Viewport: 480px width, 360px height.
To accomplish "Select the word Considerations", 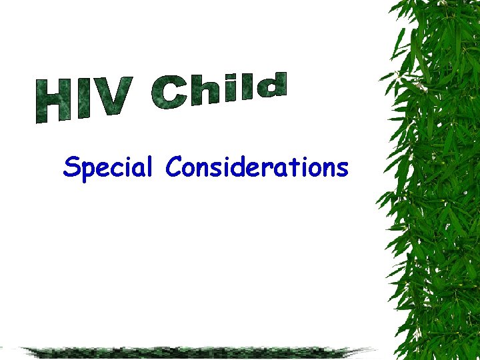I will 257,167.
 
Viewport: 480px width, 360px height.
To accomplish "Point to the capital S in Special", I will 71,167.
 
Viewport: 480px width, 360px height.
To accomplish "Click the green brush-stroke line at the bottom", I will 193,351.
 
